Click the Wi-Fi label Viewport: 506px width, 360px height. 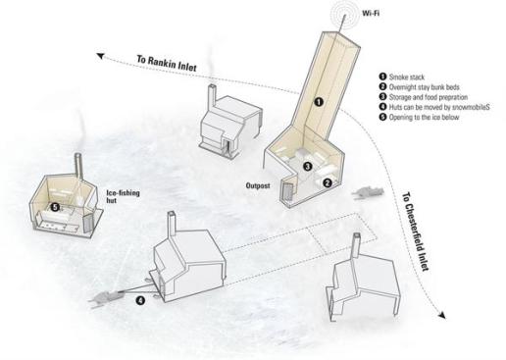coord(371,14)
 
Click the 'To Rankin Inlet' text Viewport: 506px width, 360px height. coord(167,63)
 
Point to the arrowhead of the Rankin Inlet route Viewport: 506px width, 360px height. coord(100,56)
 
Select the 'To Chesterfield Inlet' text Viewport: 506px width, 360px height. coord(415,231)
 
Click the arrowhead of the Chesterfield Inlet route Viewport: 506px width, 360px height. coord(441,315)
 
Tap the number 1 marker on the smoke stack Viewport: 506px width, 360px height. coord(319,102)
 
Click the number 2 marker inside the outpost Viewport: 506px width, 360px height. coord(328,183)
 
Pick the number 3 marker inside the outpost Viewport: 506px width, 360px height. coord(307,167)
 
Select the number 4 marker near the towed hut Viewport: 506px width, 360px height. coord(140,300)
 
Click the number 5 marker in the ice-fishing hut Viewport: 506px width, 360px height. coord(55,207)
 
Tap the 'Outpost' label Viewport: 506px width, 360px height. coord(258,185)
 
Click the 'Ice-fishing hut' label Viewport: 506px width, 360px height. coord(123,196)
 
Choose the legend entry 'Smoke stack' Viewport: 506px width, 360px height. coord(402,77)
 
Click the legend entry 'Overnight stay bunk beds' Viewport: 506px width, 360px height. coord(420,87)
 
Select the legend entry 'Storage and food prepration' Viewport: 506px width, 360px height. coord(424,97)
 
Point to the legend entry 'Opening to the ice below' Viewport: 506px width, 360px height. coord(420,117)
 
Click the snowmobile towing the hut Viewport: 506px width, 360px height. coord(106,298)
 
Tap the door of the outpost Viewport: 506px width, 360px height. coord(288,192)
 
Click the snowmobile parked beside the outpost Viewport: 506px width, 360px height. coord(368,192)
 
